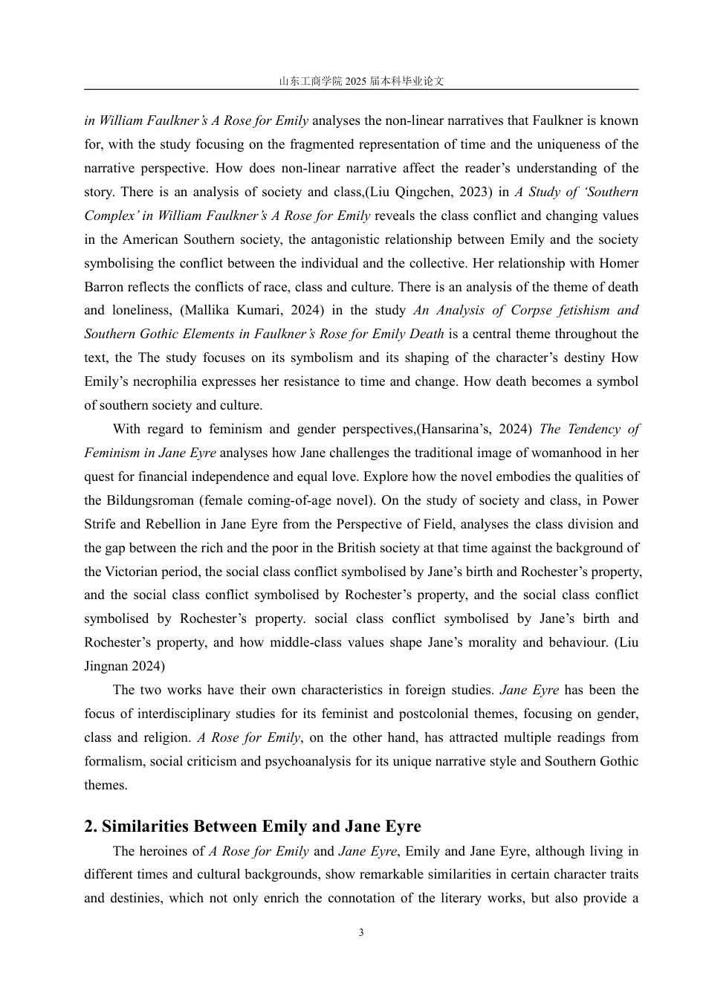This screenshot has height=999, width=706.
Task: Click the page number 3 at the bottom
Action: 361,933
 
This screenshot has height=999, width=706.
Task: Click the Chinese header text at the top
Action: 361,81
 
